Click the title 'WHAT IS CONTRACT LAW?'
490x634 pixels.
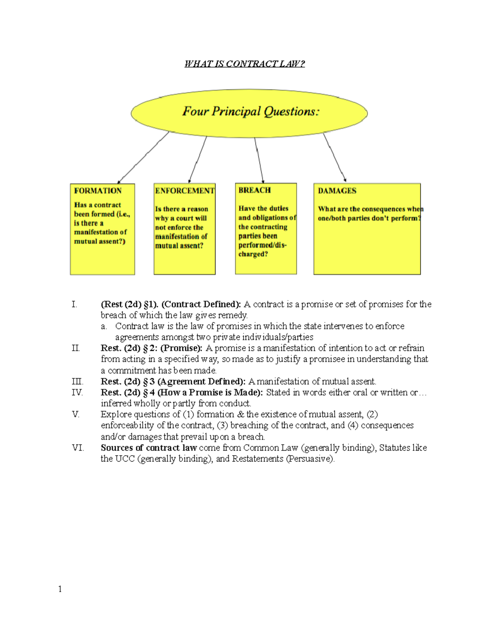(x=244, y=64)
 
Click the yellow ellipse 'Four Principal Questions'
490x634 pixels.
(x=249, y=112)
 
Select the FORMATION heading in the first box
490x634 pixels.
(x=98, y=191)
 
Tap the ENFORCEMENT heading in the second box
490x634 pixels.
(x=185, y=191)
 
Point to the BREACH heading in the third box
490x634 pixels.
(x=254, y=190)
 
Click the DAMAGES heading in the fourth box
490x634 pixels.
(x=337, y=191)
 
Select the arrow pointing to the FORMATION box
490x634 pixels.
(x=143, y=158)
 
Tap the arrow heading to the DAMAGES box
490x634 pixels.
(x=334, y=157)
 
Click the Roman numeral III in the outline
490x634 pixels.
(x=77, y=382)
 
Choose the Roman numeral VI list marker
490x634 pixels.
(x=78, y=448)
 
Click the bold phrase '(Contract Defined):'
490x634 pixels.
(x=201, y=304)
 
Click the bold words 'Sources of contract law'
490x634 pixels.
(x=149, y=448)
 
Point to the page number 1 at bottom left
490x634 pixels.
(x=60, y=589)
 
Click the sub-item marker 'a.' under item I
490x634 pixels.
(x=104, y=326)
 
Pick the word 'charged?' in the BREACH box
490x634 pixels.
(x=253, y=254)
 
